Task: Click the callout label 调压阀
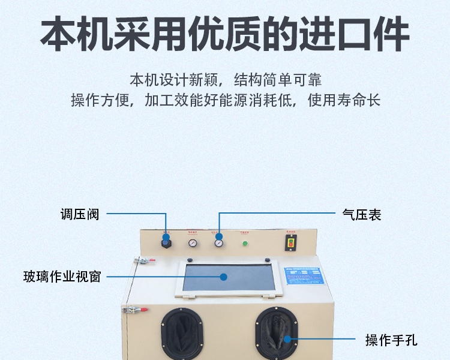coord(79,214)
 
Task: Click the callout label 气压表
coord(361,214)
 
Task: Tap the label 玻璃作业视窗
coord(62,277)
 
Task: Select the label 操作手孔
coord(391,340)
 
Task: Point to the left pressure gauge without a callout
coord(193,243)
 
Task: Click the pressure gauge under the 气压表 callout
coord(218,243)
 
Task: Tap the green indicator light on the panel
coord(245,244)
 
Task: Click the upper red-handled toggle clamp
coord(143,260)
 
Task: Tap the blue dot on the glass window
coord(223,277)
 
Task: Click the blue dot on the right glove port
coord(287,339)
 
